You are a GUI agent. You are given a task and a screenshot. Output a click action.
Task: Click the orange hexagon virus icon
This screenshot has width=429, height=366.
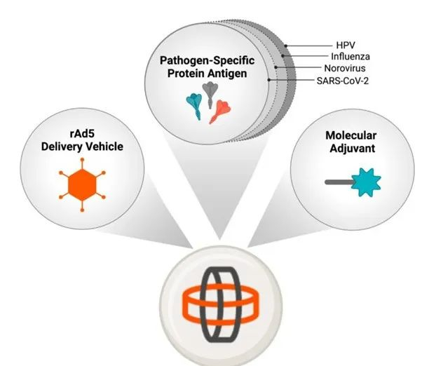[x=83, y=185]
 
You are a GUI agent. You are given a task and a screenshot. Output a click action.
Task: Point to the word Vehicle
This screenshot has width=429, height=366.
[x=111, y=147]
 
